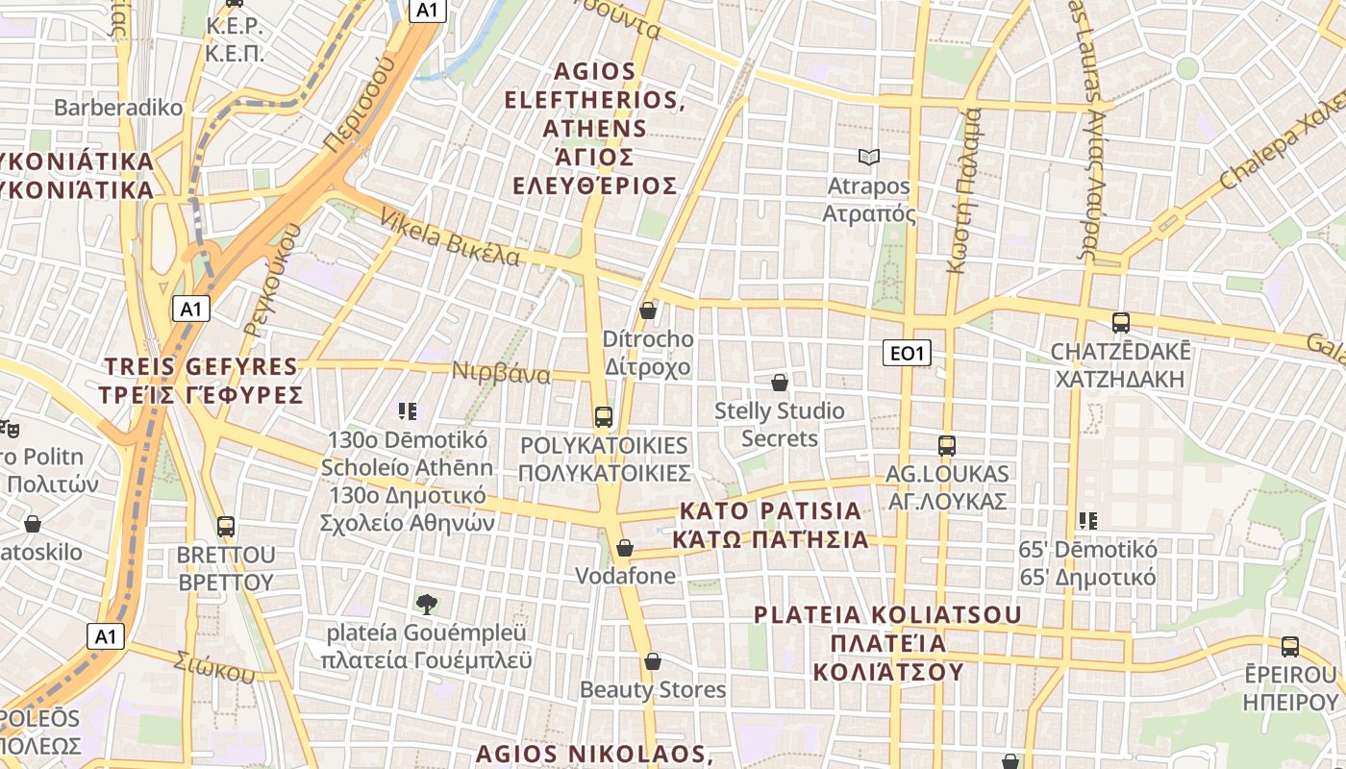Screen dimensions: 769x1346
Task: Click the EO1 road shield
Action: pyautogui.click(x=907, y=353)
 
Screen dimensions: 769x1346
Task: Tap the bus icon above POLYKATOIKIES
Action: pyautogui.click(x=604, y=416)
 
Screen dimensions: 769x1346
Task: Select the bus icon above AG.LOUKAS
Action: pyautogui.click(x=947, y=445)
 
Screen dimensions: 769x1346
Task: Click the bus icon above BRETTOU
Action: pyautogui.click(x=226, y=527)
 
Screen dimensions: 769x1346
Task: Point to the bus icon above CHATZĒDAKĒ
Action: pyautogui.click(x=1120, y=322)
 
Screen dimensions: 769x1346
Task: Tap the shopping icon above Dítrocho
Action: pyautogui.click(x=648, y=310)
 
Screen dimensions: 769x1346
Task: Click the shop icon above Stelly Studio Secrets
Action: pyautogui.click(x=780, y=383)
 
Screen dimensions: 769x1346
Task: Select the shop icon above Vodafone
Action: pyautogui.click(x=625, y=548)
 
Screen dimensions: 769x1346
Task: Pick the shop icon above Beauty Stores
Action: pyautogui.click(x=653, y=661)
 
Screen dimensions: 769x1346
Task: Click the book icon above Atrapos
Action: pyautogui.click(x=869, y=157)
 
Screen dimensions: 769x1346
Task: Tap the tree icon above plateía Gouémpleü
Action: pyautogui.click(x=427, y=604)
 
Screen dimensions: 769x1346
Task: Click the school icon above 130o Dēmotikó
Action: pyautogui.click(x=408, y=411)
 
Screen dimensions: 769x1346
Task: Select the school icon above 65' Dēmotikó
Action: pyautogui.click(x=1087, y=521)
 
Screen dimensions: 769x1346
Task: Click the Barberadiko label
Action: pyautogui.click(x=118, y=107)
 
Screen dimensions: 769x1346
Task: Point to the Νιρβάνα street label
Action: pyautogui.click(x=501, y=373)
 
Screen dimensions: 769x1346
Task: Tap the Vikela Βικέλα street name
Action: pyautogui.click(x=450, y=236)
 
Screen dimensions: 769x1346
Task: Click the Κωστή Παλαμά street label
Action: pyautogui.click(x=964, y=190)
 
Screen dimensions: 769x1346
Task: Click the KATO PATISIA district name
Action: pyautogui.click(x=770, y=524)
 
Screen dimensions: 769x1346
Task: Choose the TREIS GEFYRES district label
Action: pyautogui.click(x=201, y=381)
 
